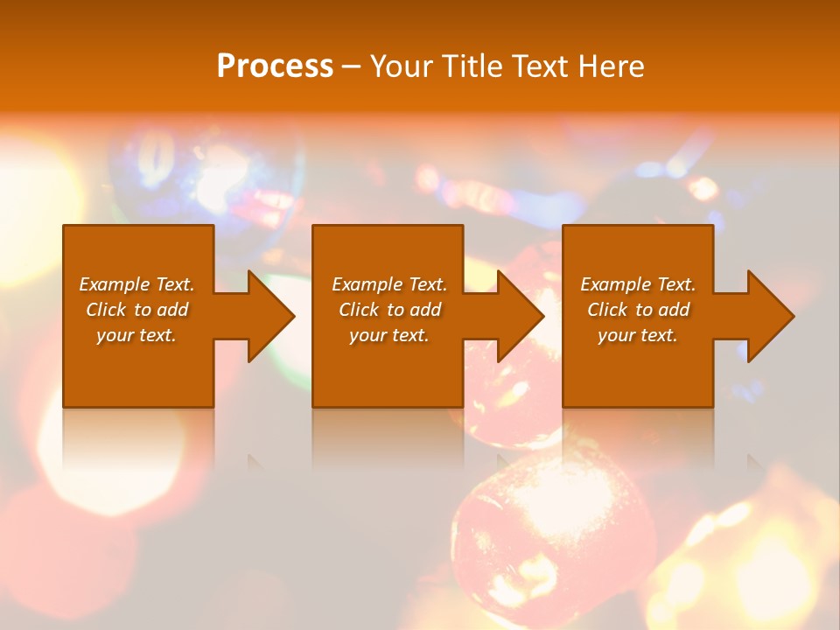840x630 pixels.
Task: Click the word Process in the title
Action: click(x=275, y=66)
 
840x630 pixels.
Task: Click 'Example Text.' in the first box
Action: click(x=136, y=284)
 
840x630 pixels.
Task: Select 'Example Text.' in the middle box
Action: click(x=389, y=284)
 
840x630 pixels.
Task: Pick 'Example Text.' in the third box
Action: click(x=638, y=284)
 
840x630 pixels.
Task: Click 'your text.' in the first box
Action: click(x=136, y=335)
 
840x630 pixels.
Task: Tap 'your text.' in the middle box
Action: click(x=389, y=335)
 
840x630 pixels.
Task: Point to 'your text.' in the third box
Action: click(x=638, y=335)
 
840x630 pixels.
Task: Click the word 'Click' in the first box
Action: click(x=106, y=310)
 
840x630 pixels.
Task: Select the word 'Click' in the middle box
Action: click(x=359, y=310)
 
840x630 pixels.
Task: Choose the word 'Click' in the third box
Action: click(x=607, y=310)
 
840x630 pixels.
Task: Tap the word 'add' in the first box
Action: click(x=172, y=310)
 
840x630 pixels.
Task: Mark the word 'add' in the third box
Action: click(x=674, y=310)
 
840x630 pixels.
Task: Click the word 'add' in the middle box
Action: click(x=425, y=310)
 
